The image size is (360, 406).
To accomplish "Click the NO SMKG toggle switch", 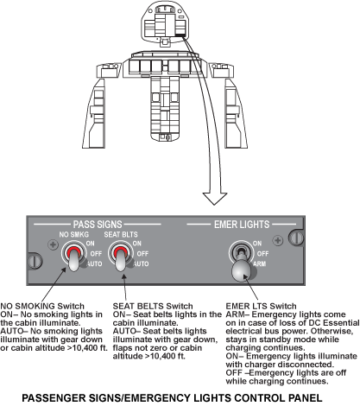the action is tap(73, 257).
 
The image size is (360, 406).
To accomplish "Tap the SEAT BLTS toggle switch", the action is tap(120, 257).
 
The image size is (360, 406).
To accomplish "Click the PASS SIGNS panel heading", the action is tap(98, 225).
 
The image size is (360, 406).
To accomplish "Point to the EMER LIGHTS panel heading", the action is tap(242, 225).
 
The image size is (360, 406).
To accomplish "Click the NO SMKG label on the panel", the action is tap(74, 234).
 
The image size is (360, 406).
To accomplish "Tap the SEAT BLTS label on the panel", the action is tap(121, 234).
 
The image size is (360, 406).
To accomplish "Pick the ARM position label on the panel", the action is tap(260, 263).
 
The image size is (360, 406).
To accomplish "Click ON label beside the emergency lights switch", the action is tap(257, 244).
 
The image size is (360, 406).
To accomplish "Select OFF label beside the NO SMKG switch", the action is tap(96, 254).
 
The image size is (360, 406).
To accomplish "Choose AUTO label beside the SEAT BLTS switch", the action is tap(142, 263).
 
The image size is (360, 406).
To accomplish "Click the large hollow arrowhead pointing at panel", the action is tap(215, 199).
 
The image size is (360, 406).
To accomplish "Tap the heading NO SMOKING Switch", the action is tap(42, 306).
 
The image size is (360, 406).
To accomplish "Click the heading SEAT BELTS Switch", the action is tap(153, 306).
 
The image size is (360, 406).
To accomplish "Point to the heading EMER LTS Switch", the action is tap(261, 306).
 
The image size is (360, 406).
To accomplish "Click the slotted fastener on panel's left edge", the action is tap(35, 261).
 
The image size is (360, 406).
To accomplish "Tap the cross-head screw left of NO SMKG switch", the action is tap(53, 245).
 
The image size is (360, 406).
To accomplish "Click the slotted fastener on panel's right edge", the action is tap(296, 238).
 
